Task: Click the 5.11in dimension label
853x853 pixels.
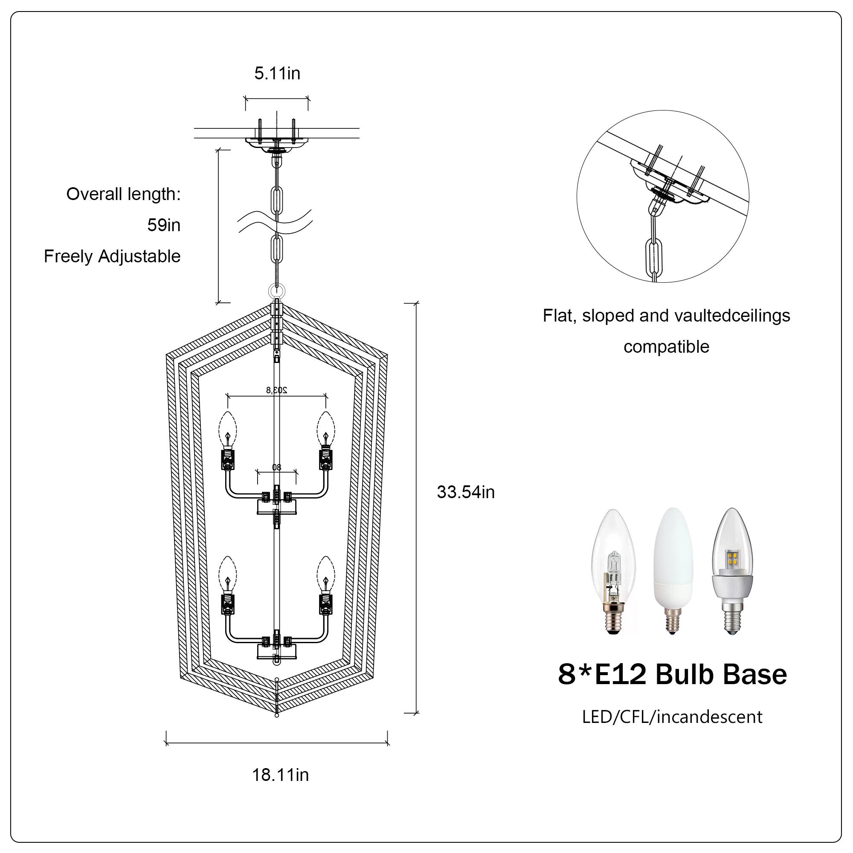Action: click(x=277, y=73)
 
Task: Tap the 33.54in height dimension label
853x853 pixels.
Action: click(x=465, y=492)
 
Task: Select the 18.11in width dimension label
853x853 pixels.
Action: click(x=280, y=775)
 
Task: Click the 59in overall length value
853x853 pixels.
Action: click(x=164, y=225)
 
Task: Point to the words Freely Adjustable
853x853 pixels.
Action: click(x=112, y=256)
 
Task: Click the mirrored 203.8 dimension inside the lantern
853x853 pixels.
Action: click(x=276, y=390)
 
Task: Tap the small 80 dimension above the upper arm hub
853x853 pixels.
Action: click(x=276, y=467)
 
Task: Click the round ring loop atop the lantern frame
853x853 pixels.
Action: click(x=277, y=291)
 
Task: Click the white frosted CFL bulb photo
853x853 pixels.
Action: click(x=673, y=572)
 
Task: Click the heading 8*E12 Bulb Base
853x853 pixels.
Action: click(x=672, y=675)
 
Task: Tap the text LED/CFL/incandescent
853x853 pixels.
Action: click(x=672, y=716)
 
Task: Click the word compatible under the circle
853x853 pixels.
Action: click(x=666, y=347)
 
